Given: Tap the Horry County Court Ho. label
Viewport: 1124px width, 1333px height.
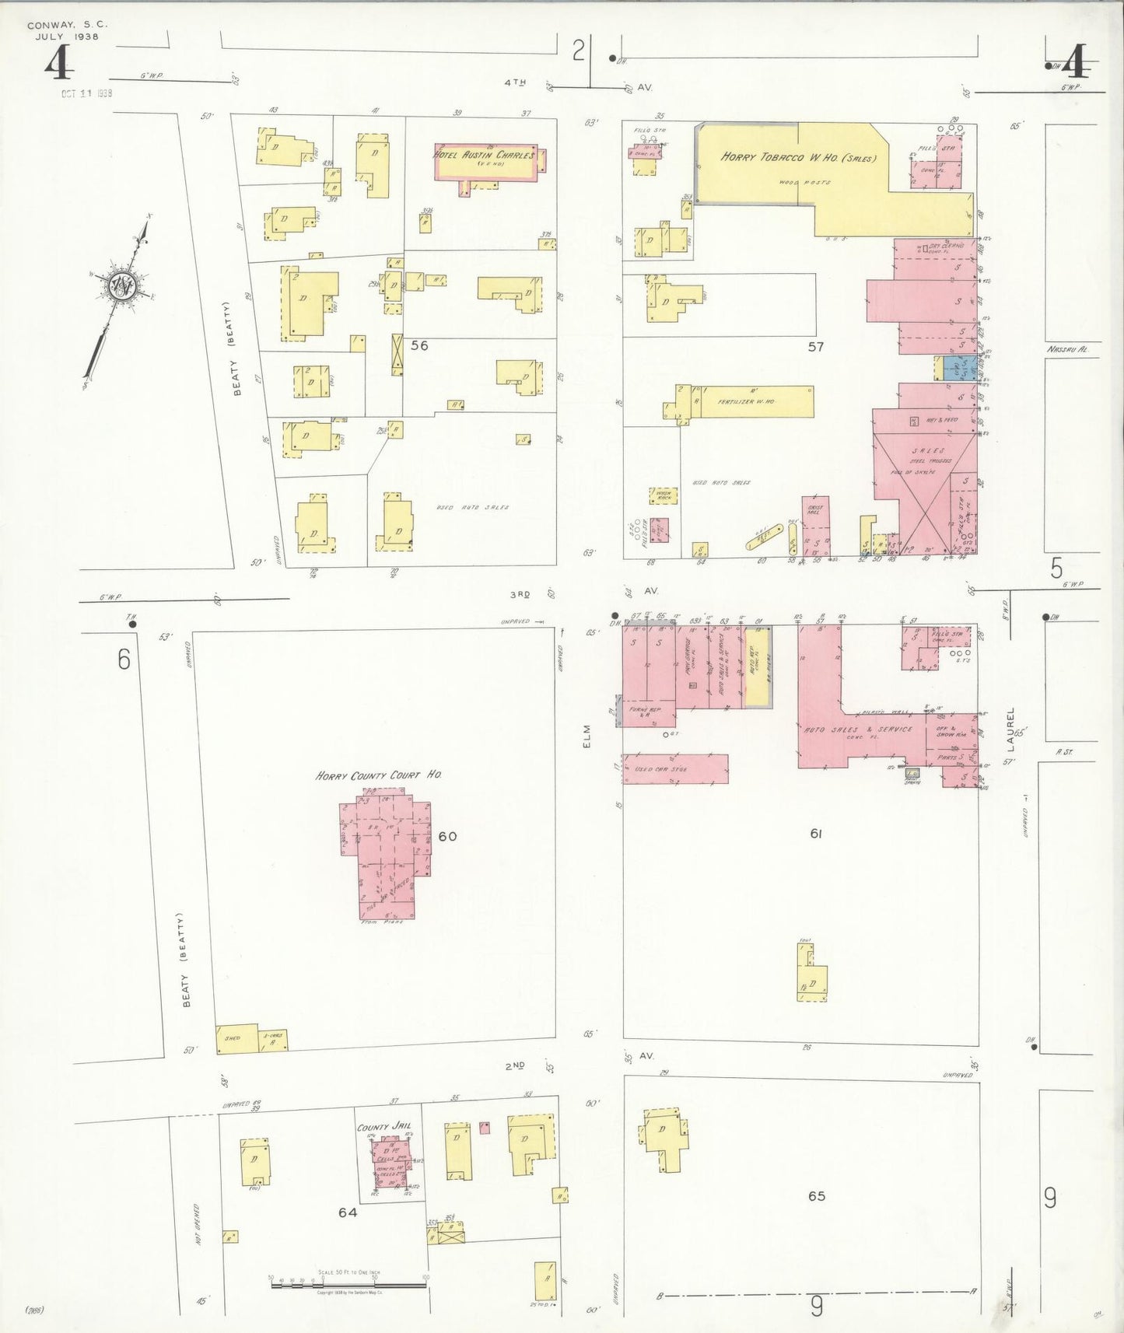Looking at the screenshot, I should click(x=379, y=775).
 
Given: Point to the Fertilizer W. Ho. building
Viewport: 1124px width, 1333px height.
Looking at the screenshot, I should click(x=751, y=402).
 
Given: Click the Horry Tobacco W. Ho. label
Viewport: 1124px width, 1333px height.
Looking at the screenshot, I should click(x=798, y=157).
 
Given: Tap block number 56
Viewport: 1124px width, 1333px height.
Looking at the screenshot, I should click(x=419, y=345).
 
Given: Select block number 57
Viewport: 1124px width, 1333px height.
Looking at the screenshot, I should click(x=815, y=347).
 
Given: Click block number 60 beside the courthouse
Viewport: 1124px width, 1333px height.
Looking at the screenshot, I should click(x=447, y=837).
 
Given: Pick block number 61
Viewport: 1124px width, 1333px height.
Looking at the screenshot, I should click(x=816, y=834).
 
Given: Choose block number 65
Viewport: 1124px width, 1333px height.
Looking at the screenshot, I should click(x=816, y=1196).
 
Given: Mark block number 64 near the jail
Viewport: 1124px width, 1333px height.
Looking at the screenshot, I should click(x=347, y=1212).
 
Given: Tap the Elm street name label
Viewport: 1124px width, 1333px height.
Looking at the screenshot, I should click(x=587, y=736).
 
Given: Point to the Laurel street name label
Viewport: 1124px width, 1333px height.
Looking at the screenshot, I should click(x=1010, y=729).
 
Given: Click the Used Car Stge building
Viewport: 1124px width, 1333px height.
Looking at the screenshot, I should click(x=674, y=768).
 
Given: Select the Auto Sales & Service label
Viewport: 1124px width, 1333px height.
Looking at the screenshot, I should click(x=858, y=729).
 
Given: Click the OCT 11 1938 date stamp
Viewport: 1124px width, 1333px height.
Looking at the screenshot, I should click(x=87, y=93).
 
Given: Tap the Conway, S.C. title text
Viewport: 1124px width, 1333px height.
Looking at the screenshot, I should click(x=67, y=25).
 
